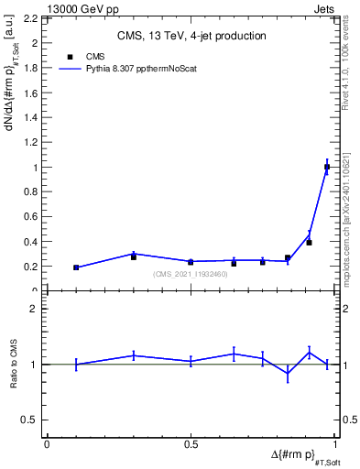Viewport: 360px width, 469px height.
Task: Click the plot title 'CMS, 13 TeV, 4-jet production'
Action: [x=191, y=37]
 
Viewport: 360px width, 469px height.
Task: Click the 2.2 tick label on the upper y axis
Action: [x=31, y=18]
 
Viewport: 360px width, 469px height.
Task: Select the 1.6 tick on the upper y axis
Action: [x=31, y=93]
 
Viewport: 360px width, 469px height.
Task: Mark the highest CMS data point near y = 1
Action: [x=327, y=167]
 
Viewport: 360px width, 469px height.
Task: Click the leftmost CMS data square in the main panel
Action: [x=76, y=267]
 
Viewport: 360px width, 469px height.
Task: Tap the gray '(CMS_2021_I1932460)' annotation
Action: [x=191, y=275]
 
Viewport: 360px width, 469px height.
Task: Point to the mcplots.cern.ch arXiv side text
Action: [x=345, y=197]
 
